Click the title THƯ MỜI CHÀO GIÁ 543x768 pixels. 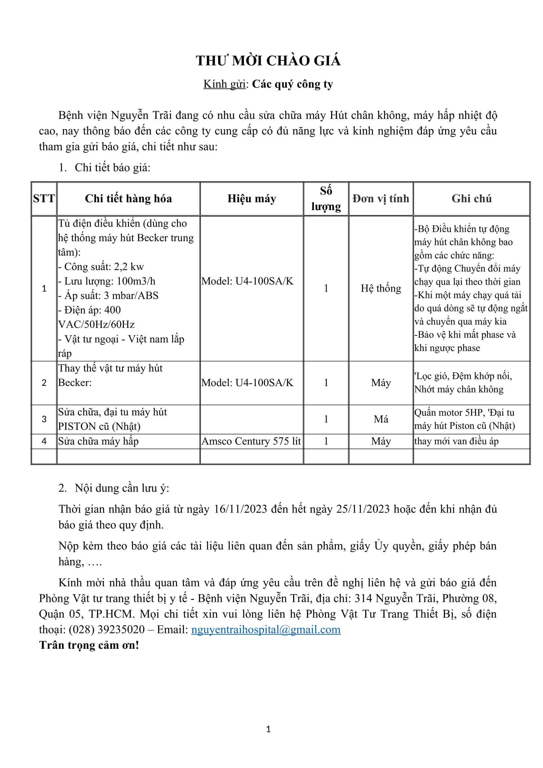(x=268, y=61)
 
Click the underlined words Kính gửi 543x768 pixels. (x=224, y=84)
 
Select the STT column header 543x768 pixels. (x=44, y=199)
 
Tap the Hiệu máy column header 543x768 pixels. (x=252, y=199)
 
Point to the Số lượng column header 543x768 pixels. (x=326, y=199)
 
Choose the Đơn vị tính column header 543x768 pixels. (x=381, y=199)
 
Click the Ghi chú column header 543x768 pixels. (x=471, y=199)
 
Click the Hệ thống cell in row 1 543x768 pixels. (x=381, y=288)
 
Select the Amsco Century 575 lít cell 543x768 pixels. (x=251, y=441)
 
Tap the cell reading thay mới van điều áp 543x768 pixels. (x=456, y=441)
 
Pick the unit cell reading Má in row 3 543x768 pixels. (x=381, y=419)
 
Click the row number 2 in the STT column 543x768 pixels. (x=44, y=383)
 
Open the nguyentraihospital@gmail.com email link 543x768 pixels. (x=266, y=629)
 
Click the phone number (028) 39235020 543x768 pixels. (x=107, y=629)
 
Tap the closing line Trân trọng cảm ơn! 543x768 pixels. (x=89, y=645)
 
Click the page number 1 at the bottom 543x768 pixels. (x=268, y=729)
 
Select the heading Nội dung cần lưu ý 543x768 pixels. (x=122, y=488)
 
